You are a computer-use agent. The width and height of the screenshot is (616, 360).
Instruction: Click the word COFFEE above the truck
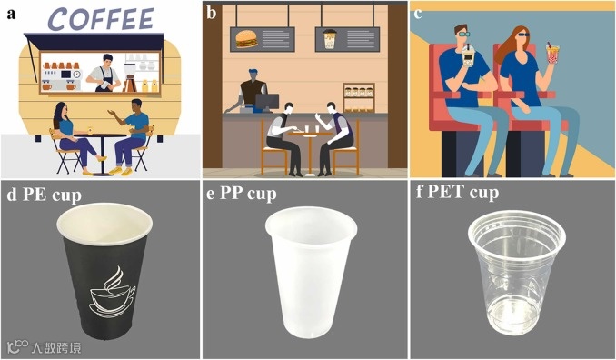pyautogui.click(x=100, y=18)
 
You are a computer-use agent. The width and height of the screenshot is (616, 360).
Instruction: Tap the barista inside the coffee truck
pyautogui.click(x=104, y=73)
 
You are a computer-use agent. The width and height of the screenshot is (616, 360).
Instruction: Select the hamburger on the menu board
pyautogui.click(x=247, y=39)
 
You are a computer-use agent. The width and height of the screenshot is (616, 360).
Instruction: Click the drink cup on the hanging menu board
pyautogui.click(x=330, y=39)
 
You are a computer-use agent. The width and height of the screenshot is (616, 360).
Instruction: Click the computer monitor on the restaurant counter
pyautogui.click(x=267, y=102)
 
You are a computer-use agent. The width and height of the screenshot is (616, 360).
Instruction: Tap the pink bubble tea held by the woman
pyautogui.click(x=553, y=54)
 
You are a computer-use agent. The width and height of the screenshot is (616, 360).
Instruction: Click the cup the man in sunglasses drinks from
pyautogui.click(x=468, y=55)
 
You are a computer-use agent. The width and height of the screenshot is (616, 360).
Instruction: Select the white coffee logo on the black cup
pyautogui.click(x=113, y=292)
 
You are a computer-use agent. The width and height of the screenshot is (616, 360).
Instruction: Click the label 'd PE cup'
pyautogui.click(x=44, y=195)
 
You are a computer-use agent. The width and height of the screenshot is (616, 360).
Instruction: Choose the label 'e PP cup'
pyautogui.click(x=242, y=194)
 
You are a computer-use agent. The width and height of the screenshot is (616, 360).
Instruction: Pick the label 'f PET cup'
pyautogui.click(x=458, y=193)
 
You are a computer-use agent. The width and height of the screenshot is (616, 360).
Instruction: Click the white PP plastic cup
pyautogui.click(x=311, y=272)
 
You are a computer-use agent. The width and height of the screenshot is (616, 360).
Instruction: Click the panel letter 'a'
pyautogui.click(x=11, y=14)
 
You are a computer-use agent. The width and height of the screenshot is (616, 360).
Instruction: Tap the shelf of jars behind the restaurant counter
pyautogui.click(x=358, y=97)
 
